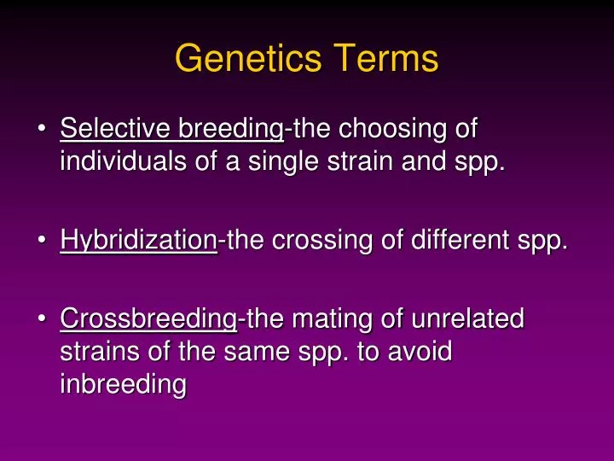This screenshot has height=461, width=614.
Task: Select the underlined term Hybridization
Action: [x=138, y=242]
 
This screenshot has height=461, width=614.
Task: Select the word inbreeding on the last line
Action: [x=123, y=383]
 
